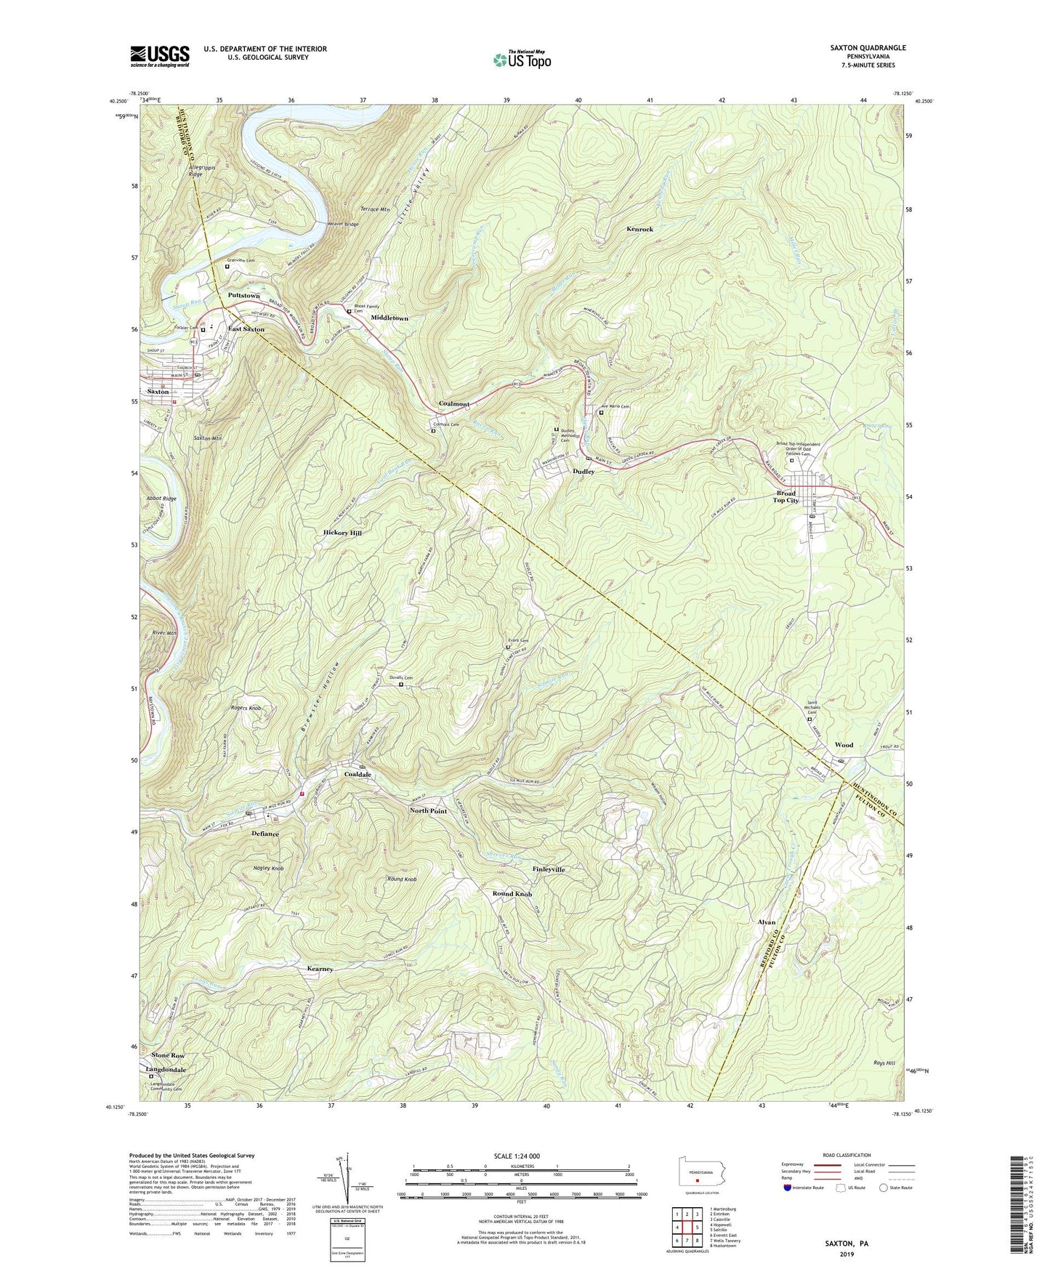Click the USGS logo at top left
tap(160, 56)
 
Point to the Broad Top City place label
tap(786, 496)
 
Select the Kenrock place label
tap(639, 229)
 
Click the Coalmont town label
tap(454, 404)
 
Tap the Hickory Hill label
tap(342, 533)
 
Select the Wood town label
tap(844, 745)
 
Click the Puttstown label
tap(243, 296)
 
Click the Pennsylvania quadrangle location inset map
tap(696, 1170)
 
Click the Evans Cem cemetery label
tap(518, 640)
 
